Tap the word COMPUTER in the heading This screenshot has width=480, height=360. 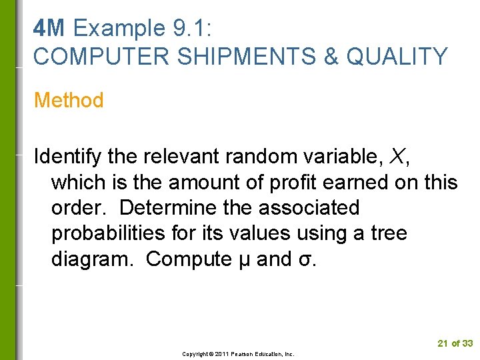(x=91, y=57)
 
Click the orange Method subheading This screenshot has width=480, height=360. (x=69, y=101)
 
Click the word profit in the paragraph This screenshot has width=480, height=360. (x=299, y=182)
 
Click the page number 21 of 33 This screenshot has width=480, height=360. (x=455, y=343)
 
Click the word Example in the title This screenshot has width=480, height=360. (x=119, y=29)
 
